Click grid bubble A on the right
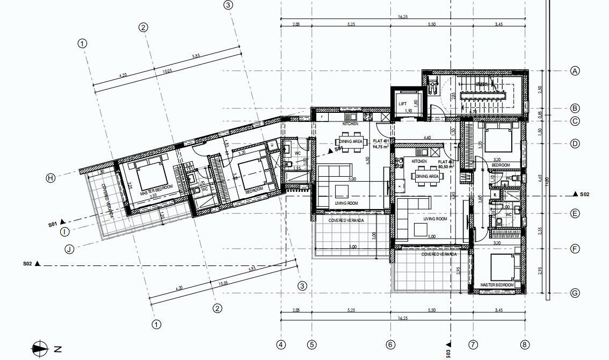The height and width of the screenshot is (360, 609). pos(575,71)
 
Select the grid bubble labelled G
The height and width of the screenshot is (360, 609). pos(575,293)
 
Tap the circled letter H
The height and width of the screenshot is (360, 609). pos(50,178)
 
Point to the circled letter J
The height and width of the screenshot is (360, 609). pos(69,249)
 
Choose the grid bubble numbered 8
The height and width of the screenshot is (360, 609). pos(525,344)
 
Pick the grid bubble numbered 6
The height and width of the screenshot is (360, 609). pos(390,344)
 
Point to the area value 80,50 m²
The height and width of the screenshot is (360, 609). pos(446,167)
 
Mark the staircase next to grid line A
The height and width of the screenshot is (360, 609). pos(482,95)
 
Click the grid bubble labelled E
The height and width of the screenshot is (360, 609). pos(575,213)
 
